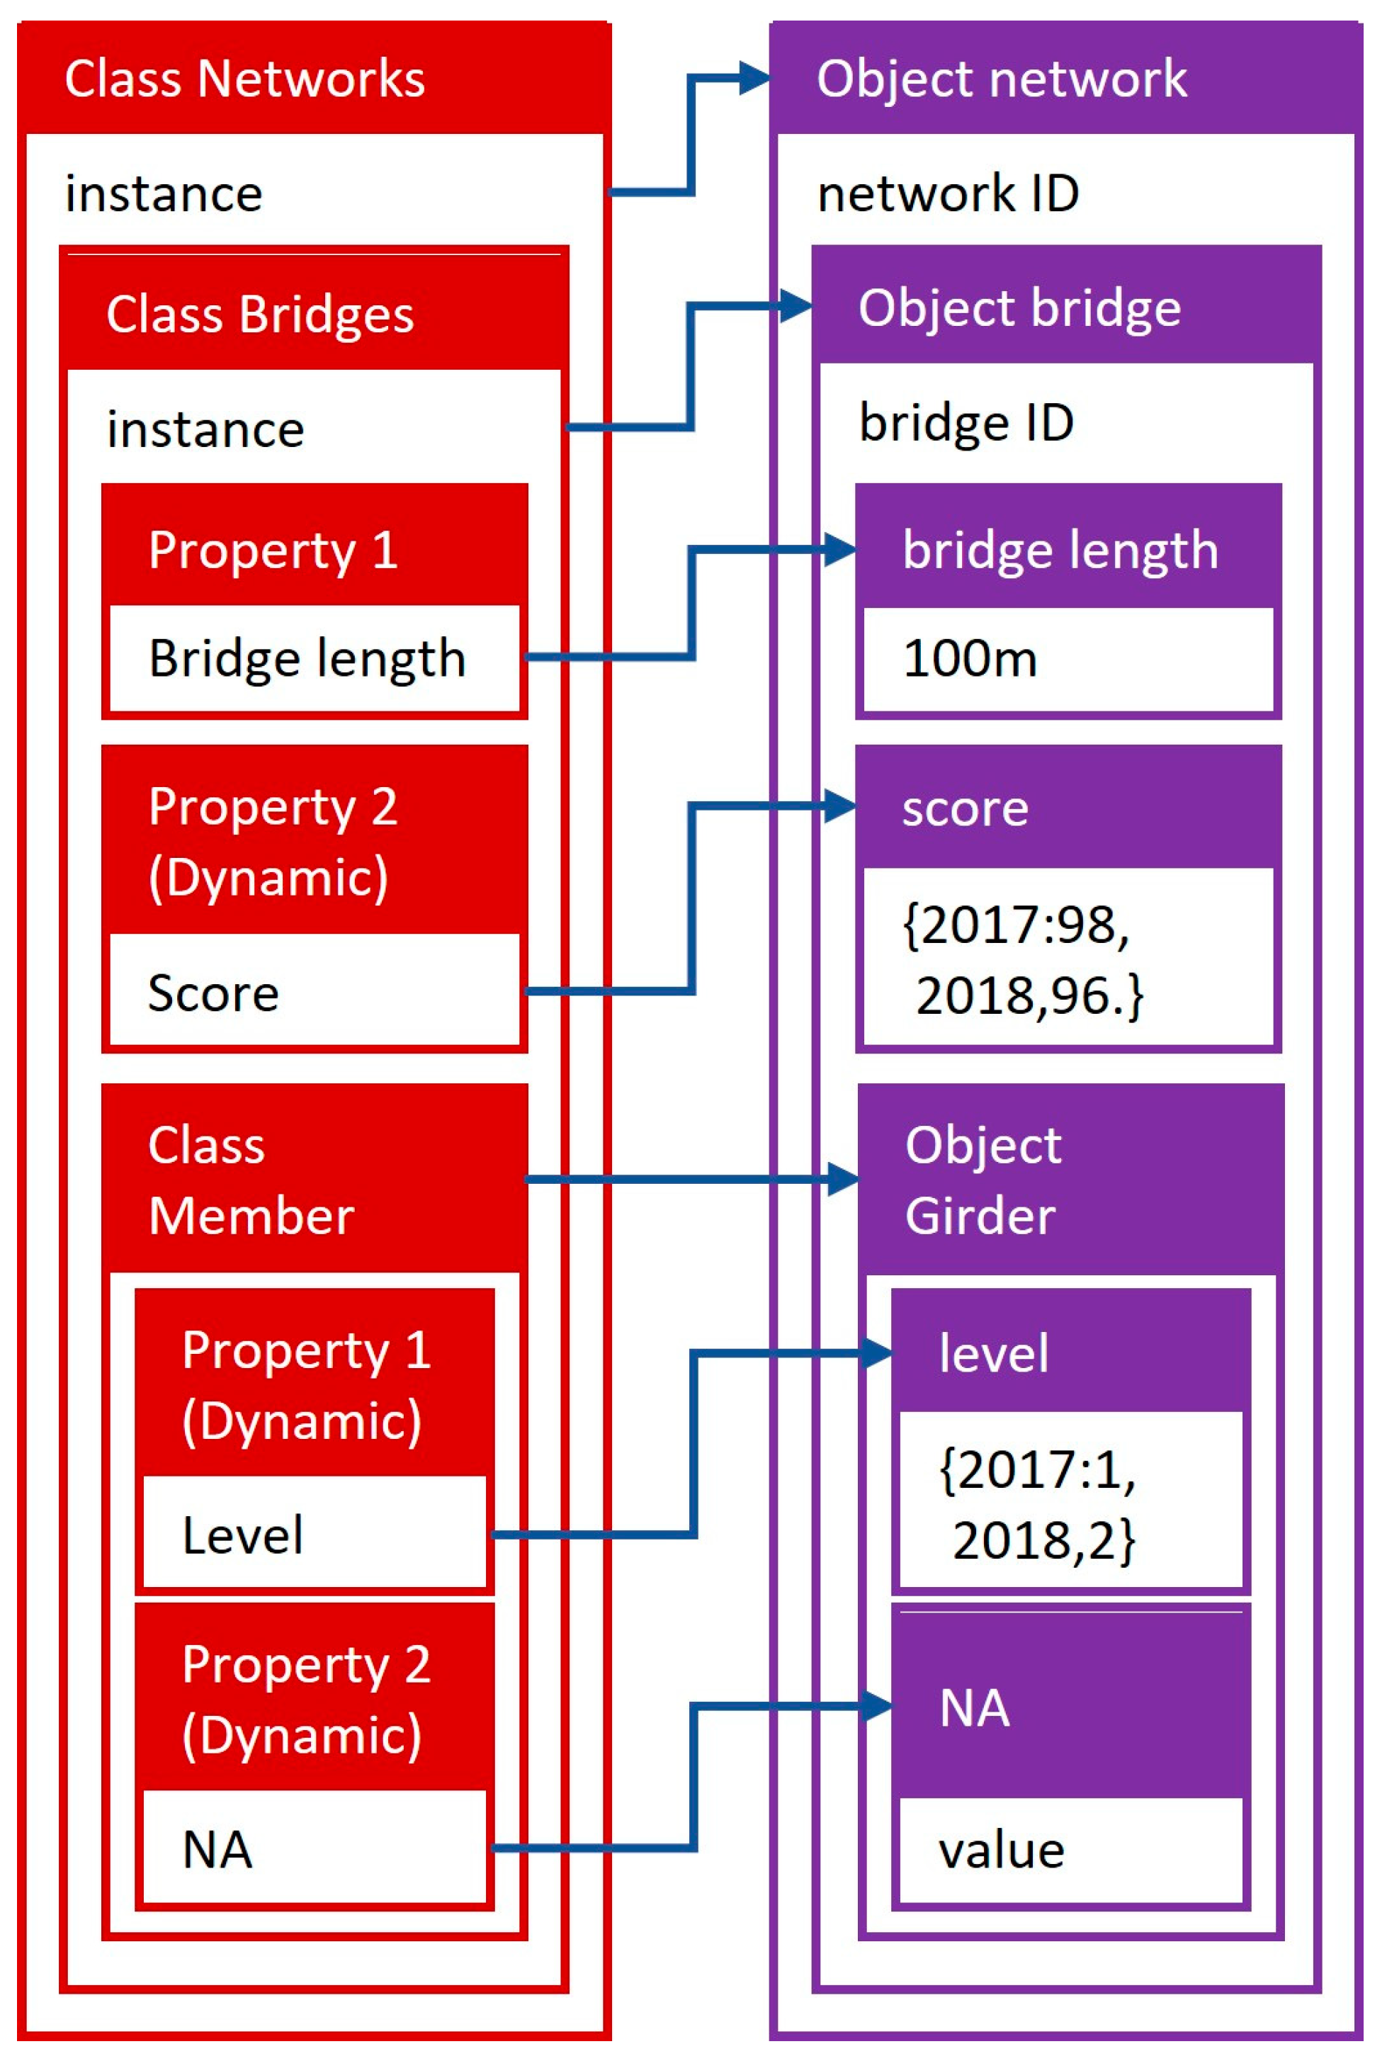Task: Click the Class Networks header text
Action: tap(244, 79)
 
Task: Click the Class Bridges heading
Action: tap(259, 314)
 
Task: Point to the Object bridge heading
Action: tap(1019, 307)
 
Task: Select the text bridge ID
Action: tap(966, 422)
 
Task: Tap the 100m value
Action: tap(970, 659)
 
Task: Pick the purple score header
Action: tap(964, 808)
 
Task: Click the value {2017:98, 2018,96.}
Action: tap(1021, 960)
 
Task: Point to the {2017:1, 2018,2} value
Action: tap(1037, 1505)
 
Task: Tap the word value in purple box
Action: tap(1002, 1850)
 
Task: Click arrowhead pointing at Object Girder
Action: tap(843, 1179)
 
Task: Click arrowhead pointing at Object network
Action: tap(754, 79)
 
